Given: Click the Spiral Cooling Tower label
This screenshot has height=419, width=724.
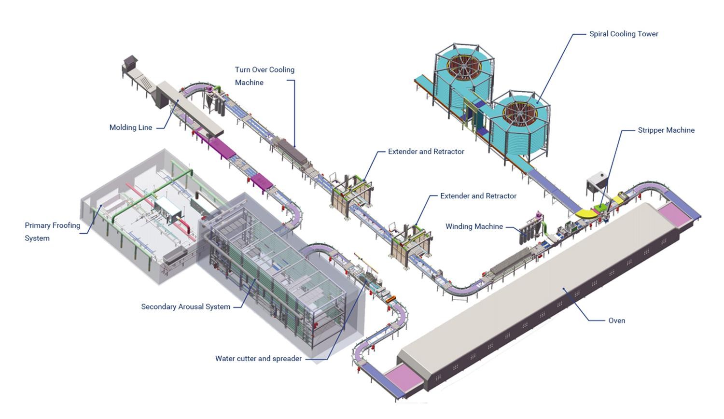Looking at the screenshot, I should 624,34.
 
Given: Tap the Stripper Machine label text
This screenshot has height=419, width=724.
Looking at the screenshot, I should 666,130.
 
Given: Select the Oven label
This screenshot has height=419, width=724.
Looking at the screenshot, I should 616,321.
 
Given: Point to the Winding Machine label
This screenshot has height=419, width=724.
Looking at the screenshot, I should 474,226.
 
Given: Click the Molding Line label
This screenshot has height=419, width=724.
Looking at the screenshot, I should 131,127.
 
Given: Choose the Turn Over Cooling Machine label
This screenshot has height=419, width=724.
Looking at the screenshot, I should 265,76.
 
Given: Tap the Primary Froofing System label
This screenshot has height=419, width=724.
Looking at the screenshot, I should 52,232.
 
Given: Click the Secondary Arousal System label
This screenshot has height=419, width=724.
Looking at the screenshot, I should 185,307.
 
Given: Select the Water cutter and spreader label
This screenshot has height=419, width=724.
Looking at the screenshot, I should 258,359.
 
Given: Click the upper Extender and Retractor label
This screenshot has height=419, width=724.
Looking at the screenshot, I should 426,152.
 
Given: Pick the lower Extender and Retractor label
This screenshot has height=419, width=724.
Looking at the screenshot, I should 478,196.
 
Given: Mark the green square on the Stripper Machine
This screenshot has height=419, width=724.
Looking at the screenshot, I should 600,207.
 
